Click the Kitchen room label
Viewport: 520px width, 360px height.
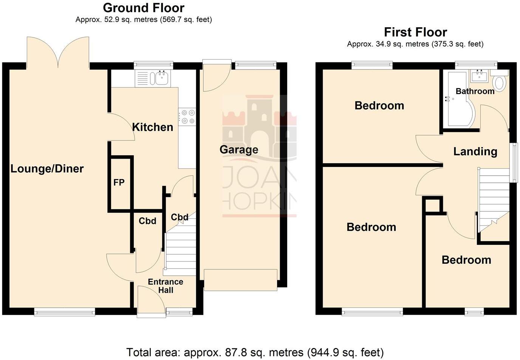pyautogui.click(x=152, y=127)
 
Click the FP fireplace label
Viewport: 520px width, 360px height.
pyautogui.click(x=119, y=183)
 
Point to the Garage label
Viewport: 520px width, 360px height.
pyautogui.click(x=239, y=150)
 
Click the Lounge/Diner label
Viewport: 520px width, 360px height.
pyautogui.click(x=47, y=169)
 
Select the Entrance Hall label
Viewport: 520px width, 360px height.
pyautogui.click(x=166, y=286)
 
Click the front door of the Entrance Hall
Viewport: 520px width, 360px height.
pyautogui.click(x=151, y=302)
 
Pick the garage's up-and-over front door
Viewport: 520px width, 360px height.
pyautogui.click(x=240, y=280)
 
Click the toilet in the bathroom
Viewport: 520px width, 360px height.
pyautogui.click(x=499, y=83)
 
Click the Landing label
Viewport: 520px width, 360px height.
pyautogui.click(x=475, y=151)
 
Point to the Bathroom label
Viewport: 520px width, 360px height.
pyautogui.click(x=475, y=91)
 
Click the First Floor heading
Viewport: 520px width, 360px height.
pyautogui.click(x=415, y=32)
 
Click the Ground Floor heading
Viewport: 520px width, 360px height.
pyautogui.click(x=144, y=8)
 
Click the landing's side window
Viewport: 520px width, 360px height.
pyautogui.click(x=514, y=162)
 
